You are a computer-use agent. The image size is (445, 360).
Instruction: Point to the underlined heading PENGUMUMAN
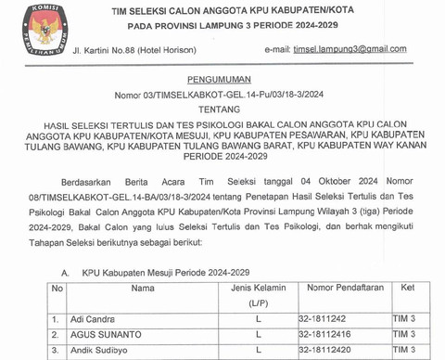tap(222, 83)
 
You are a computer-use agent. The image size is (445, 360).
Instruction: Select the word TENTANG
tap(222, 108)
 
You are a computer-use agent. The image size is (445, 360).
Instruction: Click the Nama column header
tap(142, 289)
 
